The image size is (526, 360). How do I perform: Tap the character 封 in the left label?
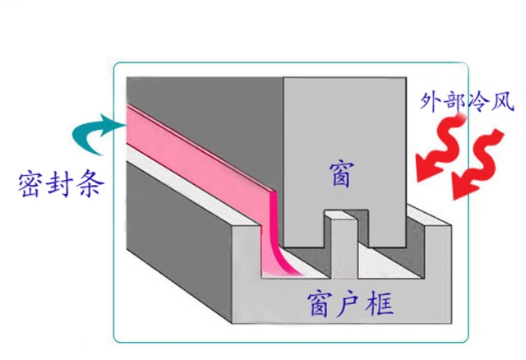pyautogui.click(x=59, y=185)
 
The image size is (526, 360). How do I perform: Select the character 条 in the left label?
pyautogui.click(x=90, y=185)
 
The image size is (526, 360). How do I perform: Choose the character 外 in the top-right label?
pyautogui.click(x=430, y=100)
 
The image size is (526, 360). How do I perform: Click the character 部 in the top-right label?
pyautogui.click(x=454, y=100)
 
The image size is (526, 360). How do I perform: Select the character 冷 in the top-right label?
pyautogui.click(x=478, y=100)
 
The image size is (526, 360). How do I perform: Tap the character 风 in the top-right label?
pyautogui.click(x=502, y=100)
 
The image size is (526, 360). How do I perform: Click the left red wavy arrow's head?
pyautogui.click(x=428, y=167)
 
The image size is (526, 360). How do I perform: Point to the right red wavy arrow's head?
pyautogui.click(x=464, y=187)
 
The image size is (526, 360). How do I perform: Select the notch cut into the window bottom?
pyautogui.click(x=345, y=228)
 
